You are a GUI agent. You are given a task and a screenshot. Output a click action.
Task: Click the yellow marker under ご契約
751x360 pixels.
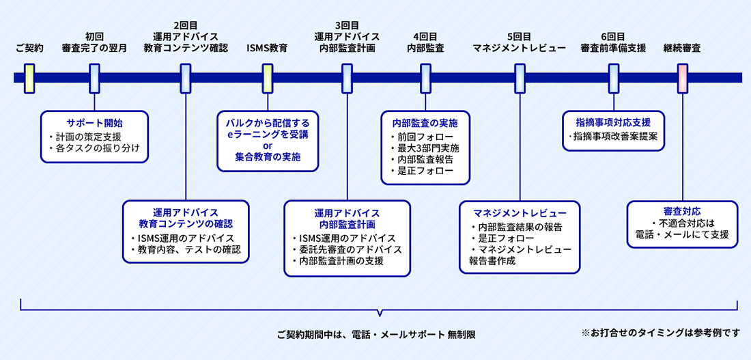coord(29,78)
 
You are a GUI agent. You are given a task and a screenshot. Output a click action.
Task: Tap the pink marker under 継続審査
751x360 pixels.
coord(682,78)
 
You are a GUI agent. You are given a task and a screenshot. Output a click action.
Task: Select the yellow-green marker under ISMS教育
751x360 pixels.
coord(268,78)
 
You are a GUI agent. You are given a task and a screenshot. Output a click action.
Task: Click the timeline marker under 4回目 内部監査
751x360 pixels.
coord(425,78)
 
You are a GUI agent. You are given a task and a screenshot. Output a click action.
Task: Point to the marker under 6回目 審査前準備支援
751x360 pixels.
coord(613,78)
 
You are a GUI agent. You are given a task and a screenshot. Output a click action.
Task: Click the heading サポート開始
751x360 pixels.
coord(94,123)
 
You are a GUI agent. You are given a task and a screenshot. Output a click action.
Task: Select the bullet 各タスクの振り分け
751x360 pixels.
coord(97,148)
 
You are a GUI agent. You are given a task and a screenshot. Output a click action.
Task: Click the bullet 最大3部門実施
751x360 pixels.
coord(428,148)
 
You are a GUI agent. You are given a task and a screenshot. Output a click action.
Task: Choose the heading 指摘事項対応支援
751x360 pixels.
coord(613,122)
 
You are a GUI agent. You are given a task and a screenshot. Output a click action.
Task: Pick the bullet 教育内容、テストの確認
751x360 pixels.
coord(186,249)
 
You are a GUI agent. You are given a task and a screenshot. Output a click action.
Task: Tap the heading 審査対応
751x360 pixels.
coord(681,211)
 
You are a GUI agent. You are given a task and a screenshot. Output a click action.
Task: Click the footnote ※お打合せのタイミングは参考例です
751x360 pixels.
coord(660,333)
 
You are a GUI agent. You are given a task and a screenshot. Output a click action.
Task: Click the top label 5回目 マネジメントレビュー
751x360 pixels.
coord(519,42)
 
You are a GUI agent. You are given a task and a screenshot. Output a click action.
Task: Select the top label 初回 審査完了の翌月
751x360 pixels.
coord(94,42)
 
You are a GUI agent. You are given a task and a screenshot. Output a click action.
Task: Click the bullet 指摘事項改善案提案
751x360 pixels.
coord(613,137)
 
